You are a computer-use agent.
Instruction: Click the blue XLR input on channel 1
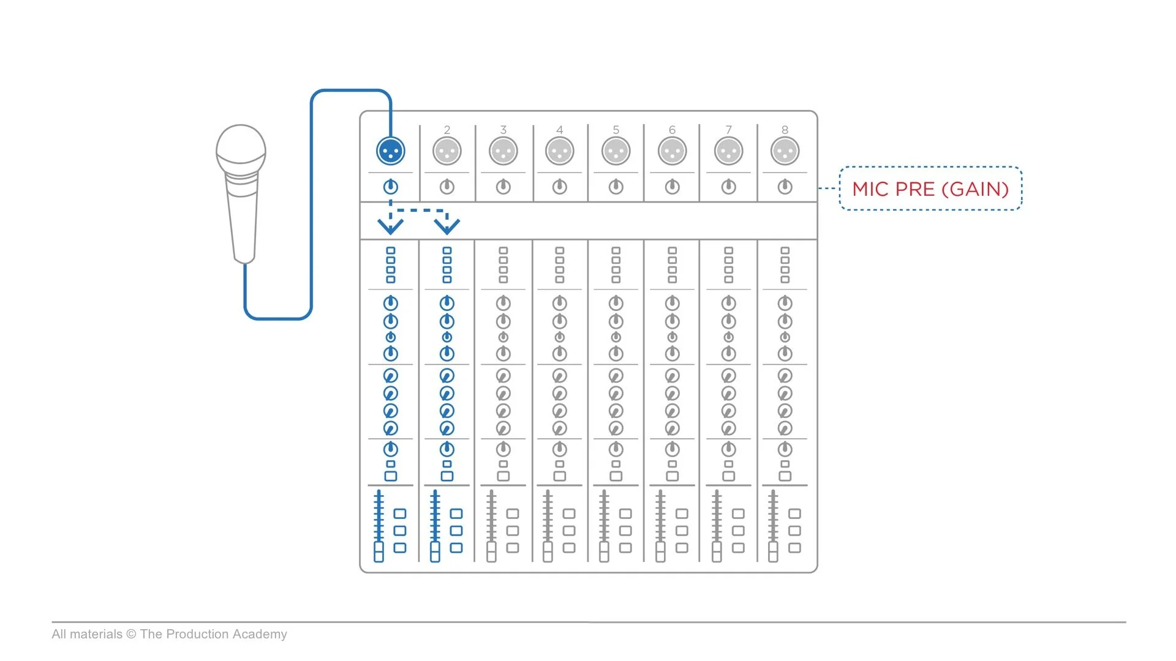391,151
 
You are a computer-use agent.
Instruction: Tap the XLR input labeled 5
616,151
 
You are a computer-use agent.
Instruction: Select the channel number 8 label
785,130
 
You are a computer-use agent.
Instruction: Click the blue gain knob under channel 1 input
391,187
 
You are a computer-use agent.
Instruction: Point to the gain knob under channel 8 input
785,187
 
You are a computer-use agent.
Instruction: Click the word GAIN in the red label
974,189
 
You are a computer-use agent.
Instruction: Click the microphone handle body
243,220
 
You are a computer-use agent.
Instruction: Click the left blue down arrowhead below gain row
390,226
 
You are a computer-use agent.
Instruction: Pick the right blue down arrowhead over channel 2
447,226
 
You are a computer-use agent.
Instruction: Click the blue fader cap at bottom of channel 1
379,551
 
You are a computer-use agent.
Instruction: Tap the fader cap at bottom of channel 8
773,551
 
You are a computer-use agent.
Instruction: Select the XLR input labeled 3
503,151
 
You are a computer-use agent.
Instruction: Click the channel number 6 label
672,130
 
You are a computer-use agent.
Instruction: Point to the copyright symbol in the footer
131,634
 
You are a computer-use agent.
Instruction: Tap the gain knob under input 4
559,187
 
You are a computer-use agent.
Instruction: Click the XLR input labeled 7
728,151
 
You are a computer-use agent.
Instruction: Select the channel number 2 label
447,130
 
